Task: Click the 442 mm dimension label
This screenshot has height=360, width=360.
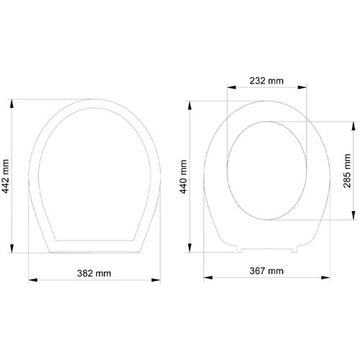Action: [x=6, y=176]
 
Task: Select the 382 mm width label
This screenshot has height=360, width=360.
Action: [x=94, y=274]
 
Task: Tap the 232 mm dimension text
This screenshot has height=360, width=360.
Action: [x=266, y=81]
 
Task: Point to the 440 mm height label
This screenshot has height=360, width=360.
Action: [x=184, y=177]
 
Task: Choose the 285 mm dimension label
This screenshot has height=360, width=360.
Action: [x=347, y=171]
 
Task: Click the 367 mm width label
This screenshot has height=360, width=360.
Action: [x=266, y=271]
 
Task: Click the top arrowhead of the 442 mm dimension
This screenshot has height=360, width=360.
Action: [x=12, y=104]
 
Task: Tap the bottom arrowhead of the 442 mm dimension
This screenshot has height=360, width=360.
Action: [x=12, y=248]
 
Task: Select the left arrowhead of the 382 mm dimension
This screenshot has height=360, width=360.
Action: [x=33, y=280]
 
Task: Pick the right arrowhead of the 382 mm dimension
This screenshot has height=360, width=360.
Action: [x=156, y=280]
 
